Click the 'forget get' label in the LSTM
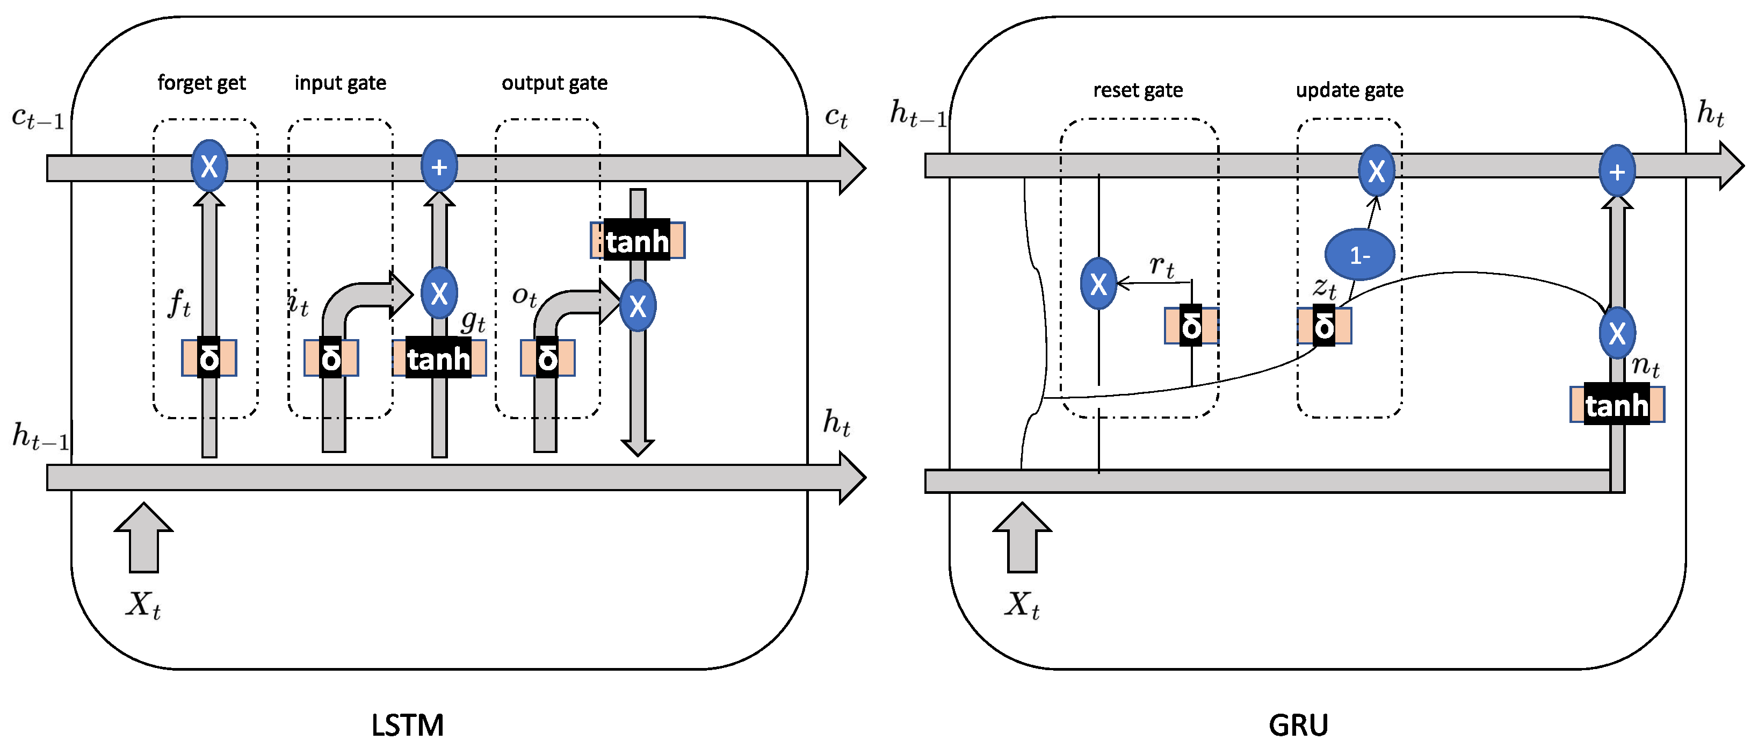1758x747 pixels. coord(201,83)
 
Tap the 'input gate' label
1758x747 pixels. coord(340,83)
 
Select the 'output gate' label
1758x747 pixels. coord(554,83)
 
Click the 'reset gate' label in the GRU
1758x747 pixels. coord(1138,90)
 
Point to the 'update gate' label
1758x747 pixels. coord(1349,90)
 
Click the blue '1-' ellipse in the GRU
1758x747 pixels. coord(1359,255)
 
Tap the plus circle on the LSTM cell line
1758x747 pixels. coord(439,166)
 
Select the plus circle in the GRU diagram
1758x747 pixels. coord(1617,171)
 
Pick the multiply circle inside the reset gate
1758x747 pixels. coord(1098,283)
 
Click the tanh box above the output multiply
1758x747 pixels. coord(638,240)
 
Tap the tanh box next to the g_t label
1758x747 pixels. coord(439,358)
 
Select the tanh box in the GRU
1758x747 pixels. coord(1617,405)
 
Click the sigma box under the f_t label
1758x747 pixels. coord(209,358)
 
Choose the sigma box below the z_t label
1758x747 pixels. coord(1324,326)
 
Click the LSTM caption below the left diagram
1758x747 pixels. coord(408,724)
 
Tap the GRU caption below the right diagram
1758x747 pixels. coord(1298,724)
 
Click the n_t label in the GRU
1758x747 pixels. coord(1645,367)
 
